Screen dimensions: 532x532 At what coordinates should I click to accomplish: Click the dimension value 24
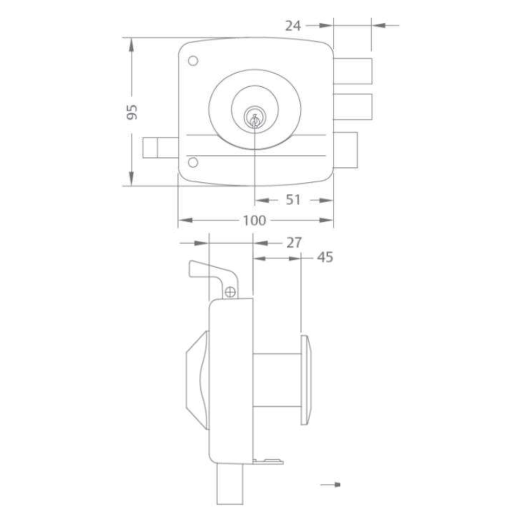(x=292, y=26)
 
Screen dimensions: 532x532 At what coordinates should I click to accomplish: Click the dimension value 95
(x=132, y=112)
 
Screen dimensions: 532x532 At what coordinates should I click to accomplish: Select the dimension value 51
(x=293, y=200)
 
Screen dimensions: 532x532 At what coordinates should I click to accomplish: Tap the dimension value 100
(x=255, y=220)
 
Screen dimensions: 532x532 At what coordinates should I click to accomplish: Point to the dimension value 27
(x=294, y=243)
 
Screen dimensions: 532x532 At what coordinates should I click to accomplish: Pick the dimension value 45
(x=325, y=258)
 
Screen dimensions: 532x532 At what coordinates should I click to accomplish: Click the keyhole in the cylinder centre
(x=254, y=120)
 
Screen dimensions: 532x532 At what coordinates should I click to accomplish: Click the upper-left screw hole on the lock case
(x=193, y=61)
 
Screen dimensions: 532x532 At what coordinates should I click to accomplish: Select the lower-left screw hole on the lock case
(x=193, y=162)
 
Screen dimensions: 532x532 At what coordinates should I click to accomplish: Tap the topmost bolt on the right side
(x=353, y=71)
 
